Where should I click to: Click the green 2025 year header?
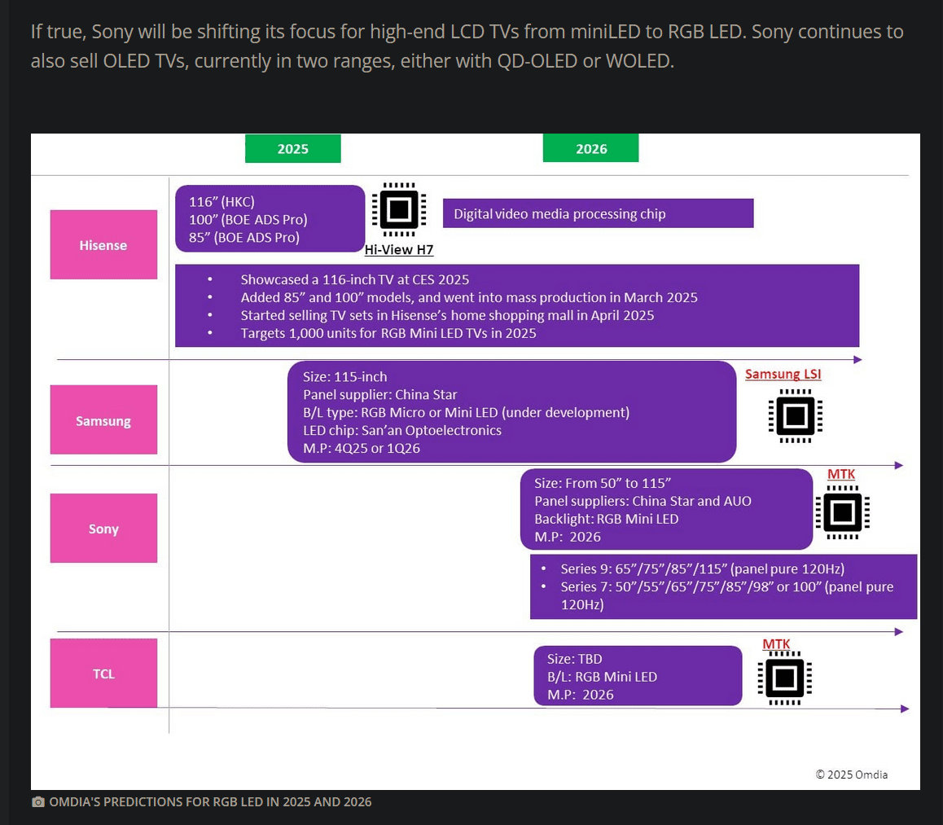pyautogui.click(x=292, y=148)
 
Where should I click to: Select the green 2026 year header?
pyautogui.click(x=590, y=148)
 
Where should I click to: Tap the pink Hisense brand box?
pyautogui.click(x=103, y=244)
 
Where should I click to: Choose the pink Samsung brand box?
pyautogui.click(x=103, y=420)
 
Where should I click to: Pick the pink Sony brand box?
pyautogui.click(x=103, y=528)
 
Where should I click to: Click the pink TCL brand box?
pyautogui.click(x=103, y=673)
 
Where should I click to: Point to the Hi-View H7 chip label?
pyautogui.click(x=399, y=250)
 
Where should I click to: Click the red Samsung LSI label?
pyautogui.click(x=783, y=374)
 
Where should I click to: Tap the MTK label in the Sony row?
pyautogui.click(x=841, y=474)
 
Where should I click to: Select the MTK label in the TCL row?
pyautogui.click(x=776, y=644)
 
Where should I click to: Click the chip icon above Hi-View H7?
pyautogui.click(x=399, y=210)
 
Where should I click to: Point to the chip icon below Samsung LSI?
pyautogui.click(x=795, y=416)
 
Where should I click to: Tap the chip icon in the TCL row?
pyautogui.click(x=784, y=678)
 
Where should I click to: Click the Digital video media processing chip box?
pyautogui.click(x=598, y=213)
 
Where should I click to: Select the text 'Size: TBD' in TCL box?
pyautogui.click(x=575, y=659)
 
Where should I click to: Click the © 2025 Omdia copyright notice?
pyautogui.click(x=852, y=774)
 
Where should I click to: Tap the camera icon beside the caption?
pyautogui.click(x=37, y=802)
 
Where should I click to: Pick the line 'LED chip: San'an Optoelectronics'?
pyautogui.click(x=402, y=430)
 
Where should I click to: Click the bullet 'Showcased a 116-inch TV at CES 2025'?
pyautogui.click(x=354, y=279)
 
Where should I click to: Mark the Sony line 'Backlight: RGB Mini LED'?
pyautogui.click(x=606, y=519)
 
